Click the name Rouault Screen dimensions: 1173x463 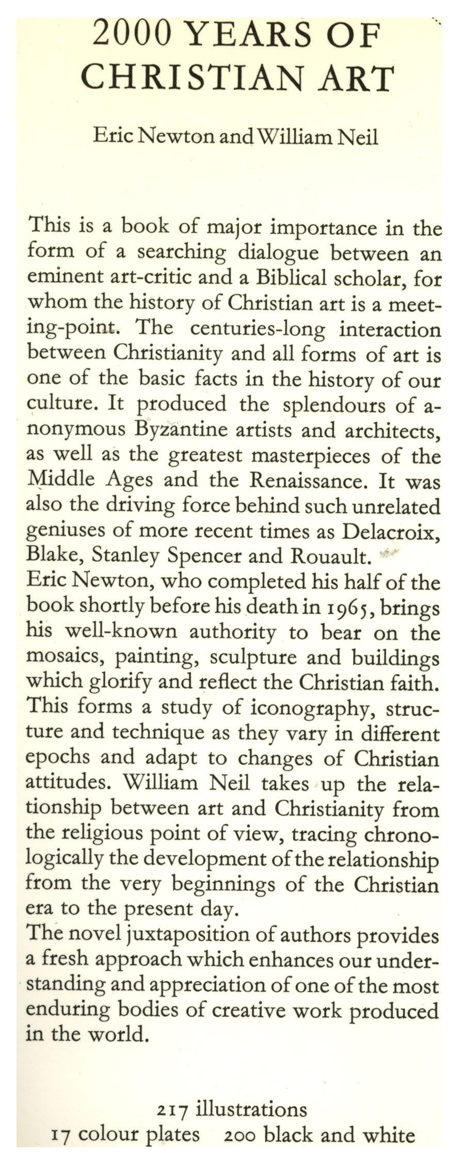coord(331,557)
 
